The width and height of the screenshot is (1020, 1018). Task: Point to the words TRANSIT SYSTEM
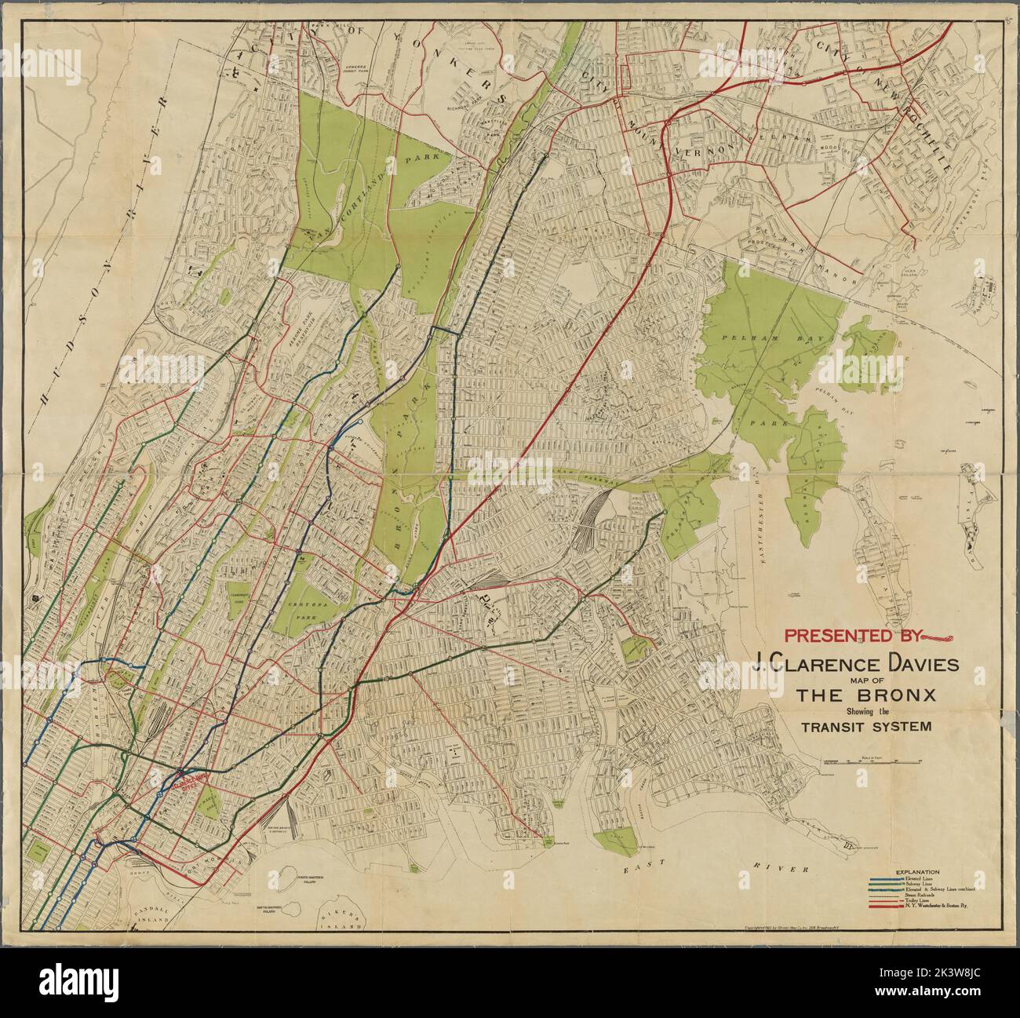tap(866, 726)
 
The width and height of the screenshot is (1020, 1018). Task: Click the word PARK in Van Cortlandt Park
tap(419, 162)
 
